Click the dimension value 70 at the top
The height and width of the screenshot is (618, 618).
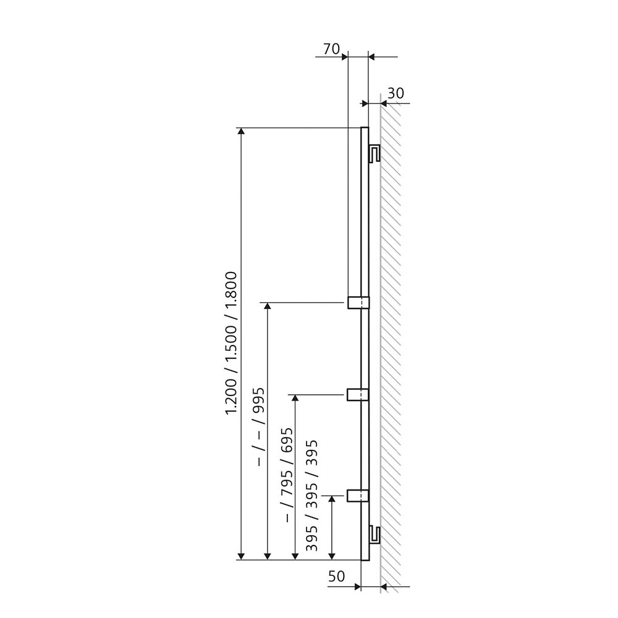tap(331, 49)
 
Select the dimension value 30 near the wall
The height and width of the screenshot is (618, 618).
tap(396, 93)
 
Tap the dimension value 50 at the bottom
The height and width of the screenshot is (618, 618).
tap(336, 577)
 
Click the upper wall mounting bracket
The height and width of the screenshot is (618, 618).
tap(374, 154)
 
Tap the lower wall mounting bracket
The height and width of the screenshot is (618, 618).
tap(374, 535)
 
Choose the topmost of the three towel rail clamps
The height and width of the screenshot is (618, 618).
tap(358, 302)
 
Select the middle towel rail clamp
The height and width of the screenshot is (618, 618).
tap(357, 394)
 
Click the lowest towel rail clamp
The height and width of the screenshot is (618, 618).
tap(357, 496)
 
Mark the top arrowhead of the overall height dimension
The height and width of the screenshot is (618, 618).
tap(241, 132)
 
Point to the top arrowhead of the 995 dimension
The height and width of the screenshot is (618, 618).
tap(267, 307)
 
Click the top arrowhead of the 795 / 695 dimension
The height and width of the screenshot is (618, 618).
tap(295, 399)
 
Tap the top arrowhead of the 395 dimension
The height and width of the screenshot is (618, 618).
tap(332, 500)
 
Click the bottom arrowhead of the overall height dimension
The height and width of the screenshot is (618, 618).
tap(241, 556)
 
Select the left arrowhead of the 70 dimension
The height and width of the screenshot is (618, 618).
tap(344, 57)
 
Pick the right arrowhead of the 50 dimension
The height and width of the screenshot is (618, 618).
tap(384, 586)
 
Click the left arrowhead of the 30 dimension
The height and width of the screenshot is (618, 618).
tap(365, 103)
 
